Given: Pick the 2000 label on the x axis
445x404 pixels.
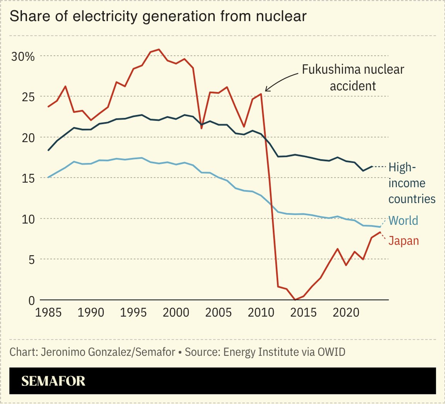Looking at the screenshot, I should click(x=176, y=312).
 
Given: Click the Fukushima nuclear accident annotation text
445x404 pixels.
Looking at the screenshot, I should click(x=353, y=77).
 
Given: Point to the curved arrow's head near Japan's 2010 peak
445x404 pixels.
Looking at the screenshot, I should click(x=266, y=91).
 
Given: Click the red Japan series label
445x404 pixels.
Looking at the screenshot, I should click(x=404, y=241).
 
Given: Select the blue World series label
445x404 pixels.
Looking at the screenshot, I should click(x=403, y=221).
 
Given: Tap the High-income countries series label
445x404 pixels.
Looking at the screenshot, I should click(x=412, y=183).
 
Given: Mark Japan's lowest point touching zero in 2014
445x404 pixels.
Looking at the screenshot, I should click(x=295, y=299).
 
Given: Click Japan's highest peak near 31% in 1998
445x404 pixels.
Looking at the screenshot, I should click(x=159, y=49).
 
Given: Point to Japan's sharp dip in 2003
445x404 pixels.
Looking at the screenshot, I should click(x=202, y=128).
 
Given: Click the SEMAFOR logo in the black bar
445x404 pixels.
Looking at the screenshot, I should click(x=53, y=381).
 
